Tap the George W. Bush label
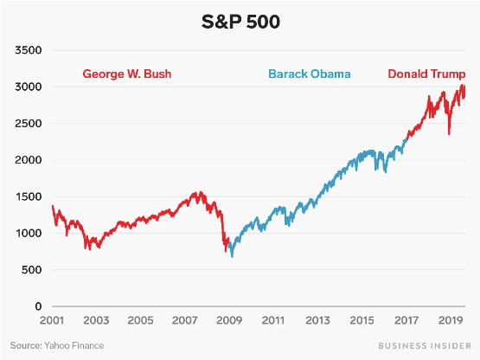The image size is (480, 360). [x=127, y=74]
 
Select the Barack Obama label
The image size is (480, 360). [x=309, y=74]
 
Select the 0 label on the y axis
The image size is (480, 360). [x=39, y=306]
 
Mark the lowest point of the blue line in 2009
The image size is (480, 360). [x=232, y=256]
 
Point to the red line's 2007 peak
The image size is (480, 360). [x=202, y=193]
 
